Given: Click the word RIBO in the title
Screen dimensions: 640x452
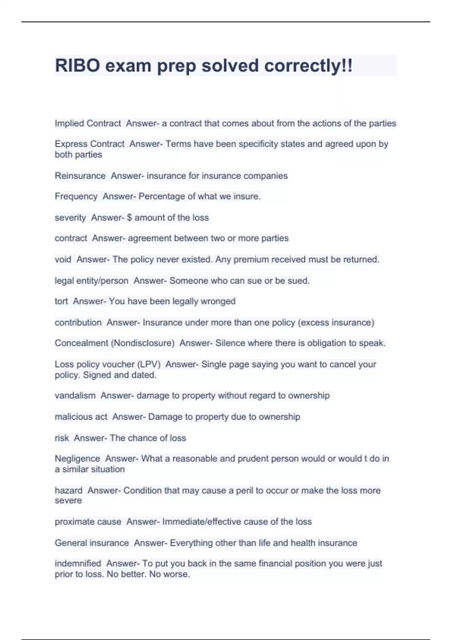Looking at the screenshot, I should (78, 66).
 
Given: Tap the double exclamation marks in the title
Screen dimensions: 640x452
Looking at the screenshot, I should (348, 66).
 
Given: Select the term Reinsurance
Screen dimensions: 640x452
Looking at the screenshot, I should (80, 176).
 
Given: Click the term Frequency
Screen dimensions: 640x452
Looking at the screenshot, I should (76, 197).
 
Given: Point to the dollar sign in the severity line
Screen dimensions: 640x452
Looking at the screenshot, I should (130, 218).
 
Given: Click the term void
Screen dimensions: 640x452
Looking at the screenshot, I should (63, 259).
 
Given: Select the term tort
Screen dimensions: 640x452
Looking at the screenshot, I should (61, 301).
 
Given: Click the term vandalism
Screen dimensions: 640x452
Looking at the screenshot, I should (75, 396).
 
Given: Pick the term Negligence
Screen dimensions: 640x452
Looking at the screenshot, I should (77, 459).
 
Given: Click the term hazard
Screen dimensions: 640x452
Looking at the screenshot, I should (69, 491).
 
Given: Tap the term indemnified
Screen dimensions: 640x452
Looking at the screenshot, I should (78, 564).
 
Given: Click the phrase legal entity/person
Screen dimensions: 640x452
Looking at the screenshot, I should (92, 281).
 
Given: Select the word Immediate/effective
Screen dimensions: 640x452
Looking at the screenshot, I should (202, 522).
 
